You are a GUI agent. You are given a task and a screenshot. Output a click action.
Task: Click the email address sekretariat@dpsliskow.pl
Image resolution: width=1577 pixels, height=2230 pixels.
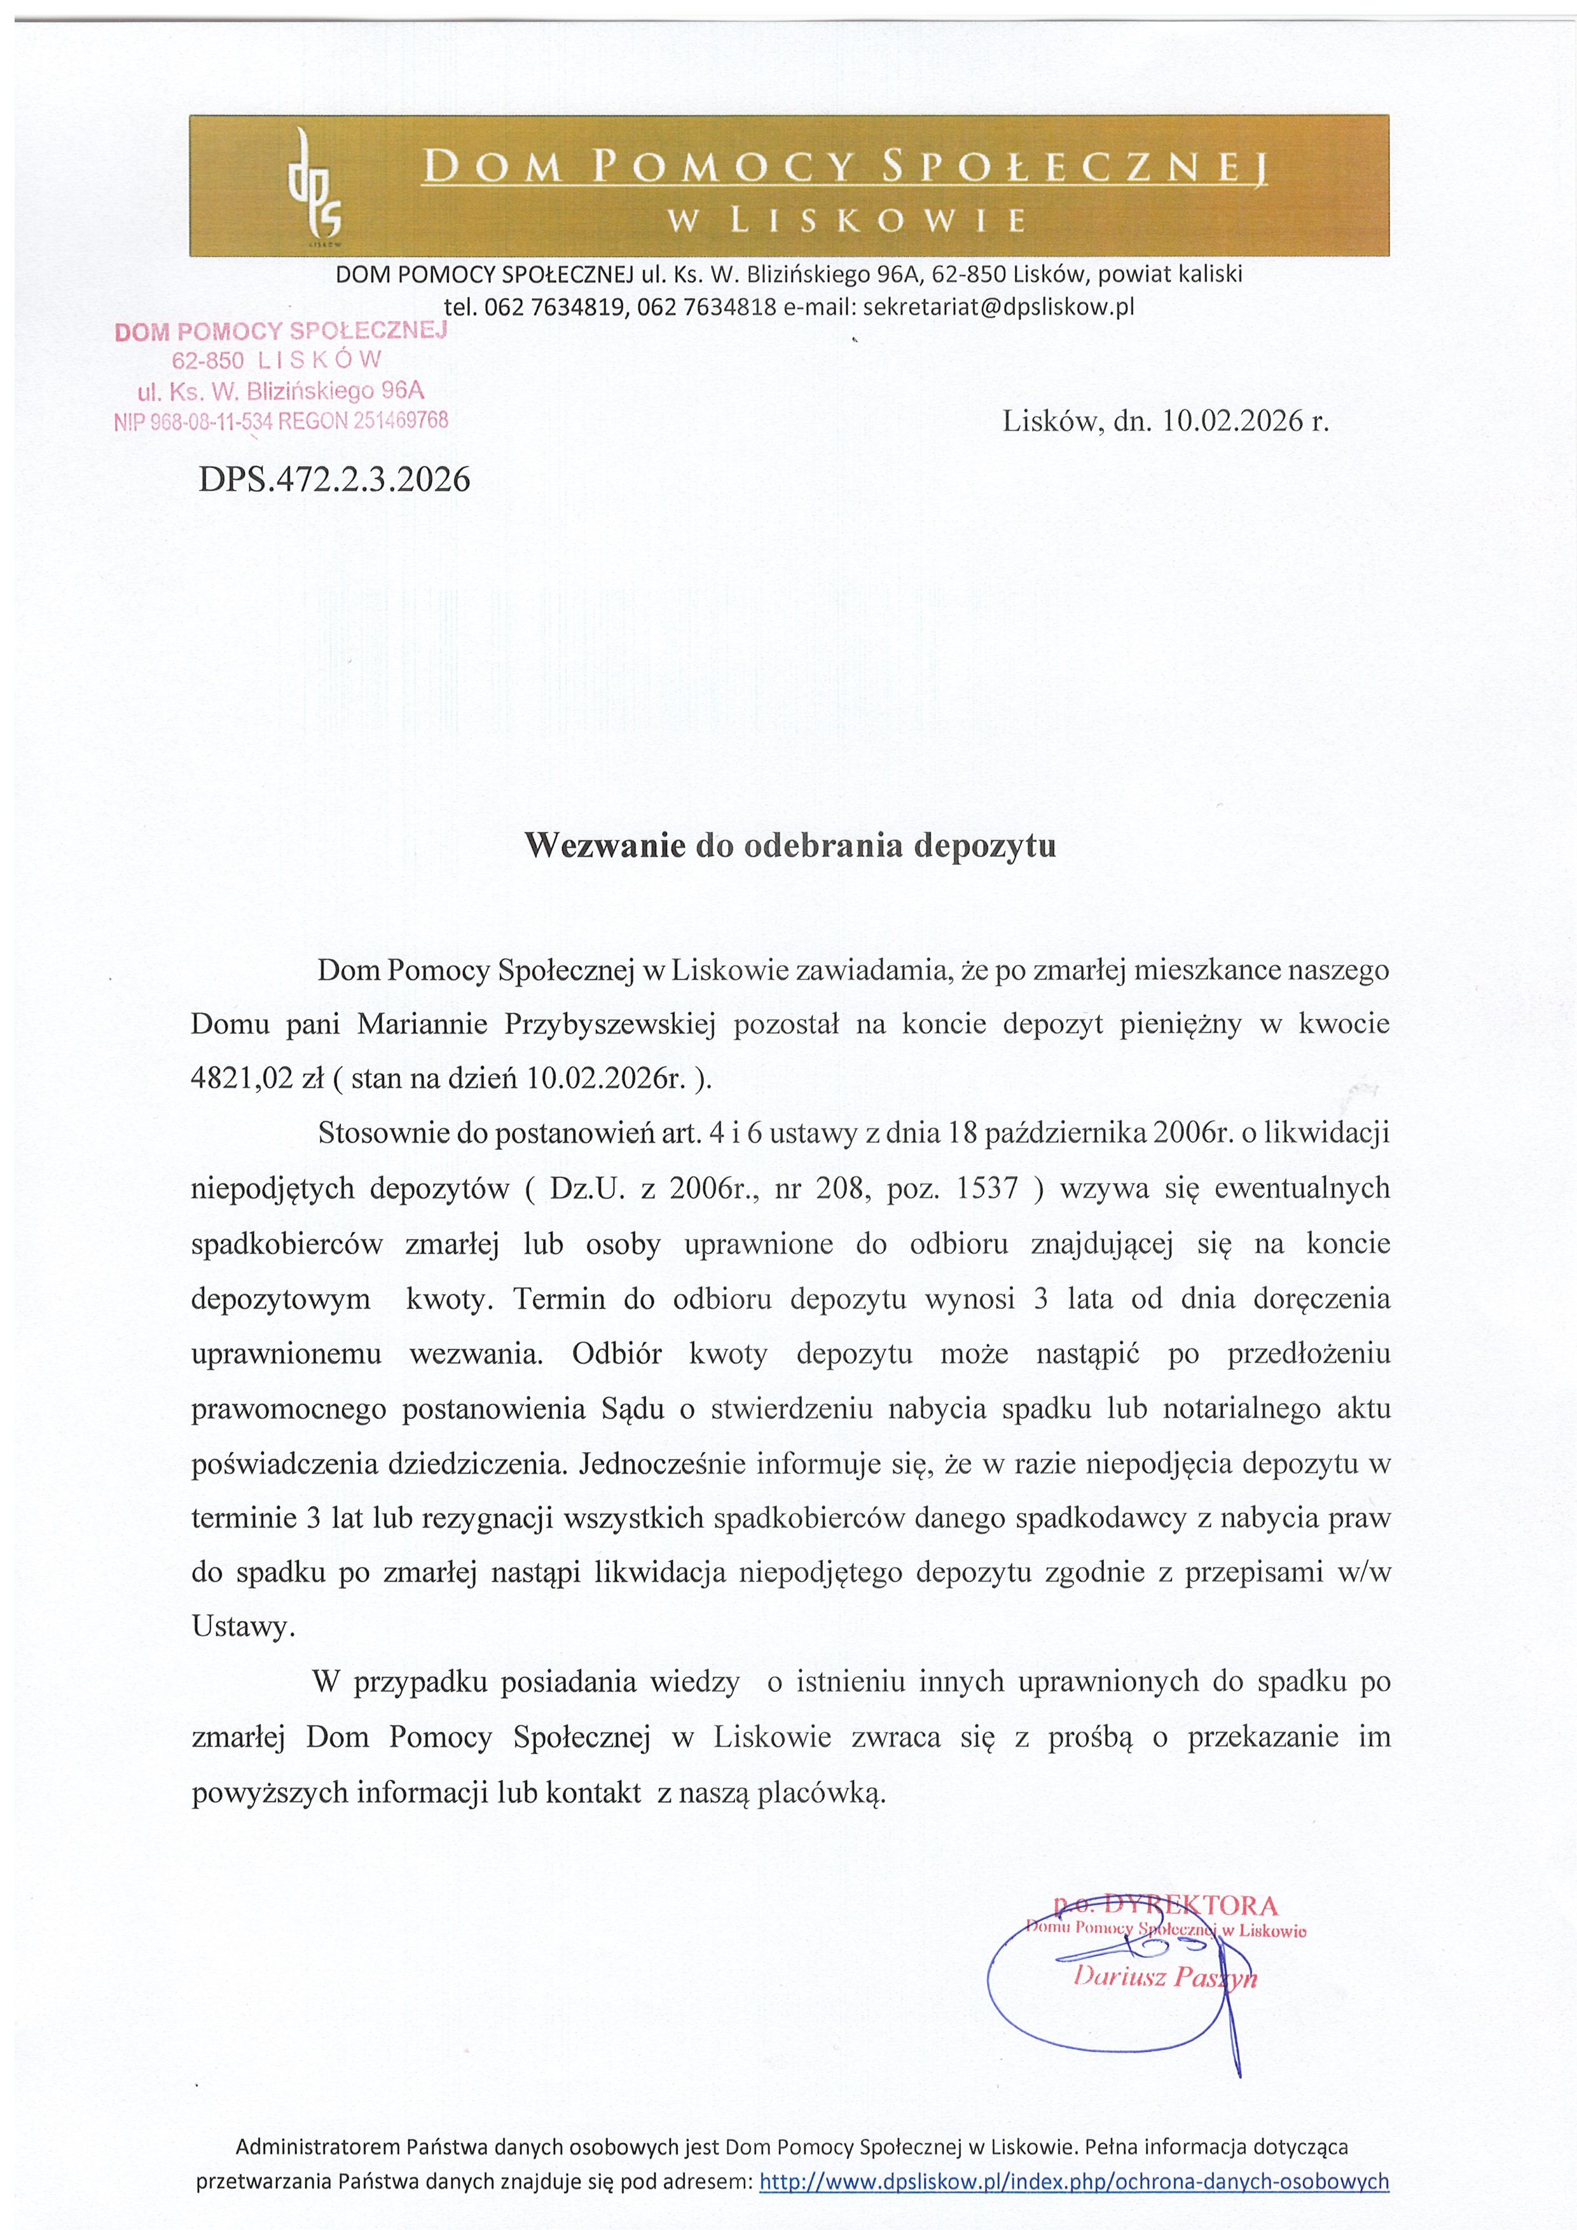[998, 308]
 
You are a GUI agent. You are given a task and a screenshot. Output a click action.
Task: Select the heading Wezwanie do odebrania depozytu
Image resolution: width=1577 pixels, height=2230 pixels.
[790, 845]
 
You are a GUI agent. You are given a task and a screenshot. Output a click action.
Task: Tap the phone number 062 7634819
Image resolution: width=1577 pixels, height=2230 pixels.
[556, 308]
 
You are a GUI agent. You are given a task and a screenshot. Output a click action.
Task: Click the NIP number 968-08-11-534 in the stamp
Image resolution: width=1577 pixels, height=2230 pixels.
[211, 421]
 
